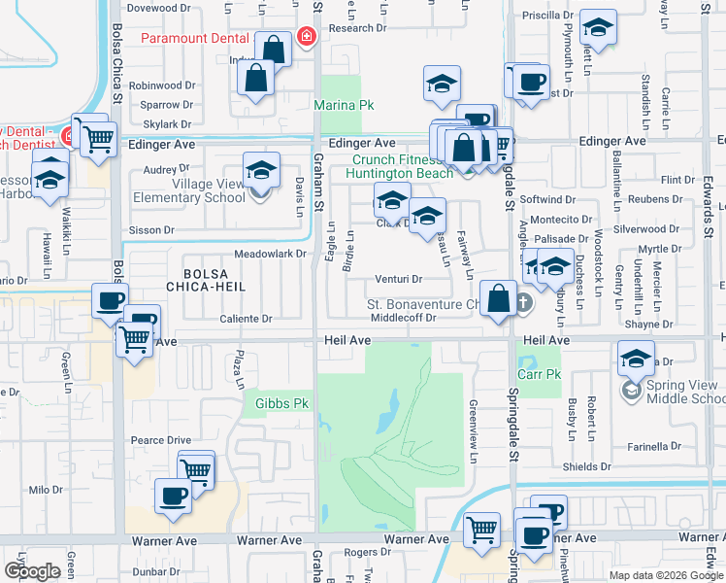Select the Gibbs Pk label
pyautogui.click(x=281, y=403)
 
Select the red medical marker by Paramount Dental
pyautogui.click(x=307, y=37)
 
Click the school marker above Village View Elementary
pyautogui.click(x=261, y=170)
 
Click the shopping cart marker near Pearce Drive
pyautogui.click(x=196, y=469)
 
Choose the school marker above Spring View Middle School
pyautogui.click(x=635, y=359)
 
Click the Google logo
pyautogui.click(x=32, y=571)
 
